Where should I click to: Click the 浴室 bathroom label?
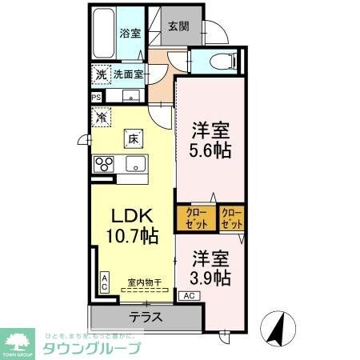[x=130, y=34]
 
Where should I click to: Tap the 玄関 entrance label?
[x=178, y=25]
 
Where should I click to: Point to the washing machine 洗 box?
[x=100, y=74]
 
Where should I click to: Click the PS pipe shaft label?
[x=97, y=98]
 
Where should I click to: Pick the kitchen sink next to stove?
[x=134, y=165]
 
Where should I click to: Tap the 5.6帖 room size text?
[x=211, y=149]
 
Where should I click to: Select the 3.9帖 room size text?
[x=212, y=278]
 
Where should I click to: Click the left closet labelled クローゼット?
[x=197, y=218]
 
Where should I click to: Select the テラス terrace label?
[x=146, y=316]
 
